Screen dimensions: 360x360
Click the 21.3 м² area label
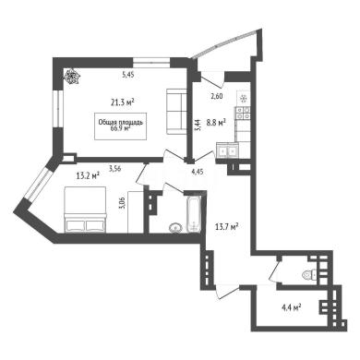124,102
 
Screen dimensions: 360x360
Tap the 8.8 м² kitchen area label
216,123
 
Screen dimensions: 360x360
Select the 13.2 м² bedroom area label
88,175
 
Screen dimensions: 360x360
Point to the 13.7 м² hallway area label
227,227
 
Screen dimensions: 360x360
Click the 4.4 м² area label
291,307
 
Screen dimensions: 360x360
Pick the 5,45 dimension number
128,75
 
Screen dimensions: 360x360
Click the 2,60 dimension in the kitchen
217,96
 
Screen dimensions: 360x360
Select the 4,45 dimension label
198,172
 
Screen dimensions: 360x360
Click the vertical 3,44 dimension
198,125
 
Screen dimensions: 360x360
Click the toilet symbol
310,274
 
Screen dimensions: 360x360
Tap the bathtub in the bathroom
194,214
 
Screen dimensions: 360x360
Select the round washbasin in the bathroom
175,227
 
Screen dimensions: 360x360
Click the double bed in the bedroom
85,210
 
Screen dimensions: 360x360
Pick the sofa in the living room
176,112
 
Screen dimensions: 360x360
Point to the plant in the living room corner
71,76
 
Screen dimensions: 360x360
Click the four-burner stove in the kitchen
243,113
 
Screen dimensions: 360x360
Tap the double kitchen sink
227,150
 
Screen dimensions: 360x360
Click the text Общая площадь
121,123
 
